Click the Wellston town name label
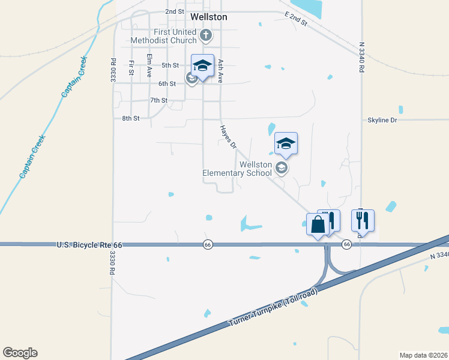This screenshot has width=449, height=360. [x=208, y=17]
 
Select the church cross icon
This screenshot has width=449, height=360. [x=206, y=35]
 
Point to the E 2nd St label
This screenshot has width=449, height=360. [x=296, y=19]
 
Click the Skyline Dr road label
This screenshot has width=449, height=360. [x=382, y=120]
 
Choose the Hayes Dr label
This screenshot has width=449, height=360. [x=228, y=136]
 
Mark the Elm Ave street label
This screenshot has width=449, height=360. [x=149, y=65]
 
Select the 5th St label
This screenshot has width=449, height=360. [x=170, y=65]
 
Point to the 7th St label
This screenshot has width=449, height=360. [x=158, y=100]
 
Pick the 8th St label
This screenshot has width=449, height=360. [x=131, y=119]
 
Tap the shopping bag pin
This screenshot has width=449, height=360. [x=317, y=225]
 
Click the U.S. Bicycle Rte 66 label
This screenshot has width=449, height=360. [x=89, y=245]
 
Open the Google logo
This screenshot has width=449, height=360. [x=20, y=353]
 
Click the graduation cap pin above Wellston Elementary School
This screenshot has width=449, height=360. [x=286, y=143]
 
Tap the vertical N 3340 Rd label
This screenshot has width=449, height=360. [x=362, y=57]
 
